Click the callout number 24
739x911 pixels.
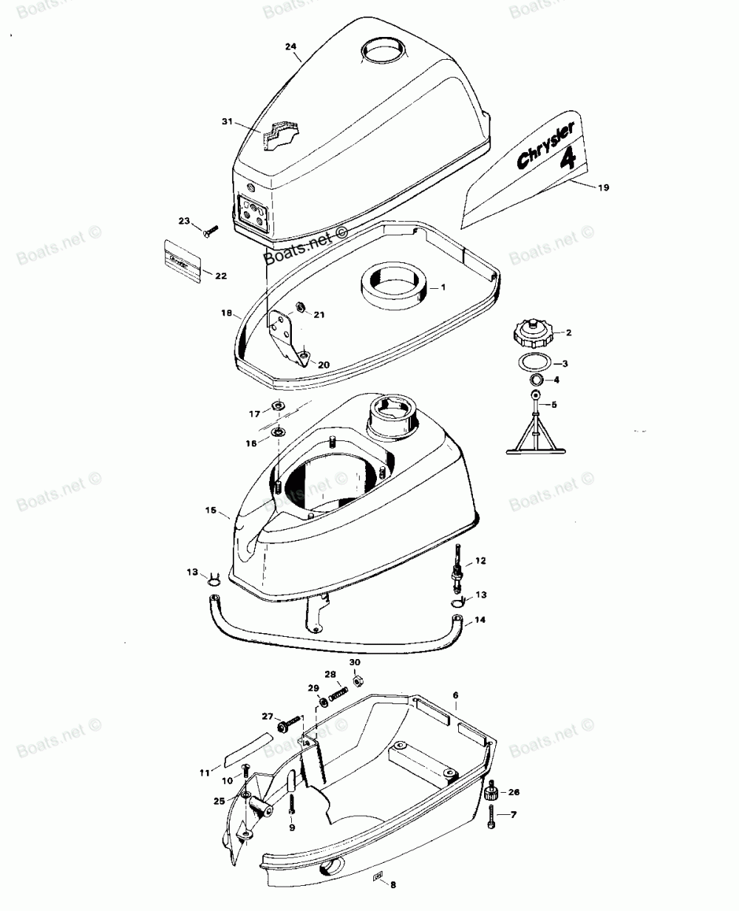click(x=291, y=47)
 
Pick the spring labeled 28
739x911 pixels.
click(x=337, y=694)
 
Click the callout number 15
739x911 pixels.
click(x=211, y=511)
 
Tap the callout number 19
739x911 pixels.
click(x=603, y=188)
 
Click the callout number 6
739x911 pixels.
click(x=455, y=695)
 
